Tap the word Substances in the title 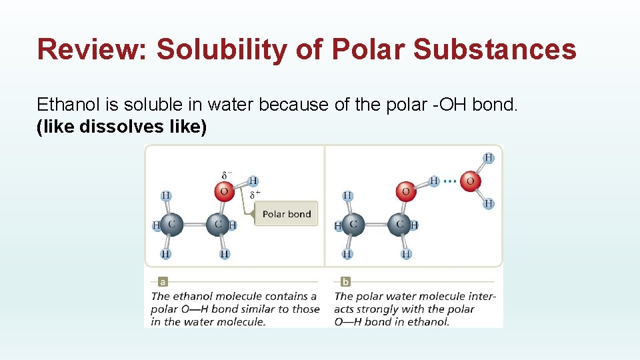click(x=494, y=49)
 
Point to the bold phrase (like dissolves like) click(x=121, y=126)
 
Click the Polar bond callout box click(x=286, y=214)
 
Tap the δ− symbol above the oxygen click(x=226, y=176)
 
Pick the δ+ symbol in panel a click(x=255, y=195)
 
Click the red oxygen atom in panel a click(x=224, y=192)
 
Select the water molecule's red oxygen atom click(x=470, y=181)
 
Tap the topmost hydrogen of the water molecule click(x=489, y=158)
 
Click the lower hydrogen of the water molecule click(x=489, y=203)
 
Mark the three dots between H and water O click(x=450, y=181)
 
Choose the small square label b click(x=345, y=282)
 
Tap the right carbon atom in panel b click(x=400, y=225)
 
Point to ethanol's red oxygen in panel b click(x=405, y=192)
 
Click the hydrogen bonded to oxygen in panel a click(x=253, y=181)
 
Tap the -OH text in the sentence click(x=435, y=105)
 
